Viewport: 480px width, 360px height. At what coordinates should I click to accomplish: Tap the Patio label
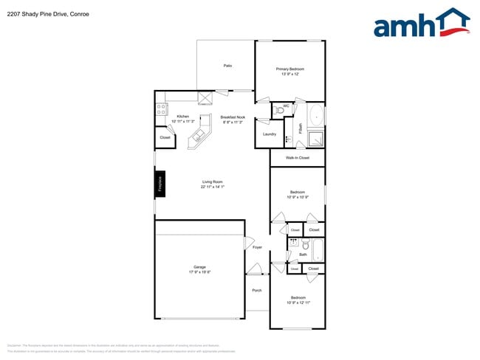pos(228,66)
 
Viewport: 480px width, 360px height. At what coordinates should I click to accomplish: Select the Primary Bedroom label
pos(289,69)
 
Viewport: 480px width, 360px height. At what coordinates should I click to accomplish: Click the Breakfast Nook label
pos(233,117)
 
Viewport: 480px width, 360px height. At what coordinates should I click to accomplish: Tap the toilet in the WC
pos(276,111)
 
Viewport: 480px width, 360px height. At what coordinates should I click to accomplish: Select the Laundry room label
pos(270,134)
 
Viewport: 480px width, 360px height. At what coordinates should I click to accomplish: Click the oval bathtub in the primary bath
pos(316,116)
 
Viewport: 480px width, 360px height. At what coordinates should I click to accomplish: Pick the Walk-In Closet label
pos(297,158)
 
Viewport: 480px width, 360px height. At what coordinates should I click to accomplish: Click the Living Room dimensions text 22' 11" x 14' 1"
pos(212,187)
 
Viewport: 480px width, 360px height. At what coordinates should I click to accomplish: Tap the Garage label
pos(199,266)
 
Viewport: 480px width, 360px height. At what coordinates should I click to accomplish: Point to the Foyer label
pos(257,247)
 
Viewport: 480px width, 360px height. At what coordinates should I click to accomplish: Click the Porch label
pos(257,290)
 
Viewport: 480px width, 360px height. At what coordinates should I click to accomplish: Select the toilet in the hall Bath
pos(293,243)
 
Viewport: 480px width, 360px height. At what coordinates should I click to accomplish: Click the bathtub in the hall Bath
pos(318,249)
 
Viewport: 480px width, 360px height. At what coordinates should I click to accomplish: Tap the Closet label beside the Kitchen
pos(165,137)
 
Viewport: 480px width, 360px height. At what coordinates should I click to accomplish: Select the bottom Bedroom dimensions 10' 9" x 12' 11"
pos(297,302)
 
